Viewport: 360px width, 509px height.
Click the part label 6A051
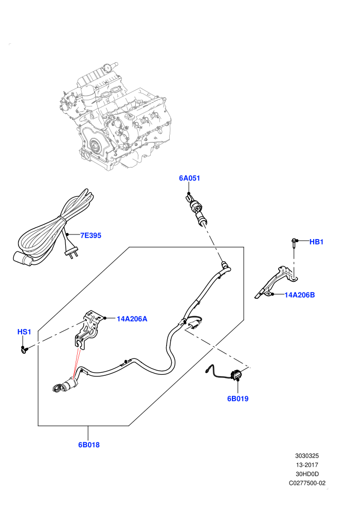coord(190,178)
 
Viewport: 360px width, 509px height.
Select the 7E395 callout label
coord(91,235)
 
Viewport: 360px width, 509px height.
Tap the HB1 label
coord(316,242)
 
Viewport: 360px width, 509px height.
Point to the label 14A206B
coord(300,295)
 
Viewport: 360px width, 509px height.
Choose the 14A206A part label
coord(132,319)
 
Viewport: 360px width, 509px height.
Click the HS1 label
coord(24,332)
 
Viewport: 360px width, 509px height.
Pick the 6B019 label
coord(238,398)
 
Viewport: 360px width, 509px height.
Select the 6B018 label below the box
coord(89,445)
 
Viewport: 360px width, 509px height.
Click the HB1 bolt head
coord(294,241)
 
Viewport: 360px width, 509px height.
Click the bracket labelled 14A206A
coord(89,329)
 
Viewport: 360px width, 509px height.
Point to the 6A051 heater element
coord(196,209)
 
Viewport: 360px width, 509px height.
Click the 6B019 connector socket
coord(236,374)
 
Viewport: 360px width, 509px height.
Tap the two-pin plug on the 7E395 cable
coord(71,253)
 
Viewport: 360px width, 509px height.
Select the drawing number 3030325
coord(307,456)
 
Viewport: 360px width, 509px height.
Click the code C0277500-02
coord(307,483)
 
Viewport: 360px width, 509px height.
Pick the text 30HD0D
coord(307,474)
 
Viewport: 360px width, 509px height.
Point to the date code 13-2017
coord(307,465)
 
